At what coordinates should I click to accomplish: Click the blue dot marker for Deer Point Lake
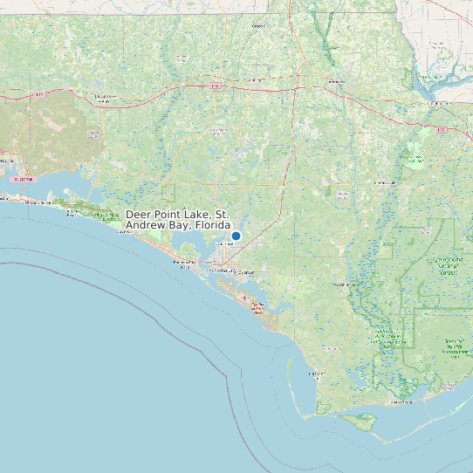(236, 236)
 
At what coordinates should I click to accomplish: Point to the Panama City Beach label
(184, 264)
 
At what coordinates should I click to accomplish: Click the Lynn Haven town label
(226, 245)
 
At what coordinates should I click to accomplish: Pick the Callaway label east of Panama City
(246, 272)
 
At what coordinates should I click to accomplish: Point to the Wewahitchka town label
(343, 284)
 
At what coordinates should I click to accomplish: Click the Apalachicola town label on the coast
(401, 403)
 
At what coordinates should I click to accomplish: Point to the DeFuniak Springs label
(106, 98)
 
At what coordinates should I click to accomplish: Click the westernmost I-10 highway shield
(41, 94)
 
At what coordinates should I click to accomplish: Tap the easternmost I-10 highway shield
(442, 130)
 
